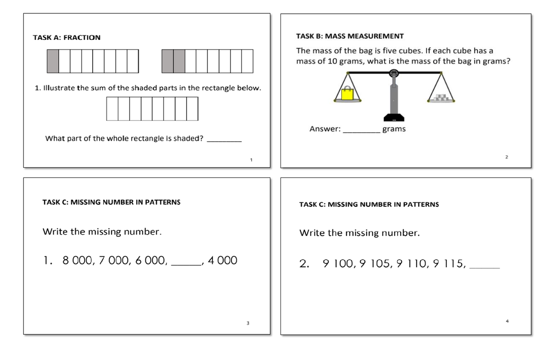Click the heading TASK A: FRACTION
pos(67,38)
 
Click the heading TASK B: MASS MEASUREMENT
pos(350,36)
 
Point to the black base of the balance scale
pos(393,116)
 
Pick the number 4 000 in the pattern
pos(222,261)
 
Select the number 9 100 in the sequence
pos(338,264)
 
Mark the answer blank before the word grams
pos(361,132)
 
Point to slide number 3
pos(247,323)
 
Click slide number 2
pos(506,157)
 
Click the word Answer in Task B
pos(324,129)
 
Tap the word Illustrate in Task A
pos(59,88)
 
